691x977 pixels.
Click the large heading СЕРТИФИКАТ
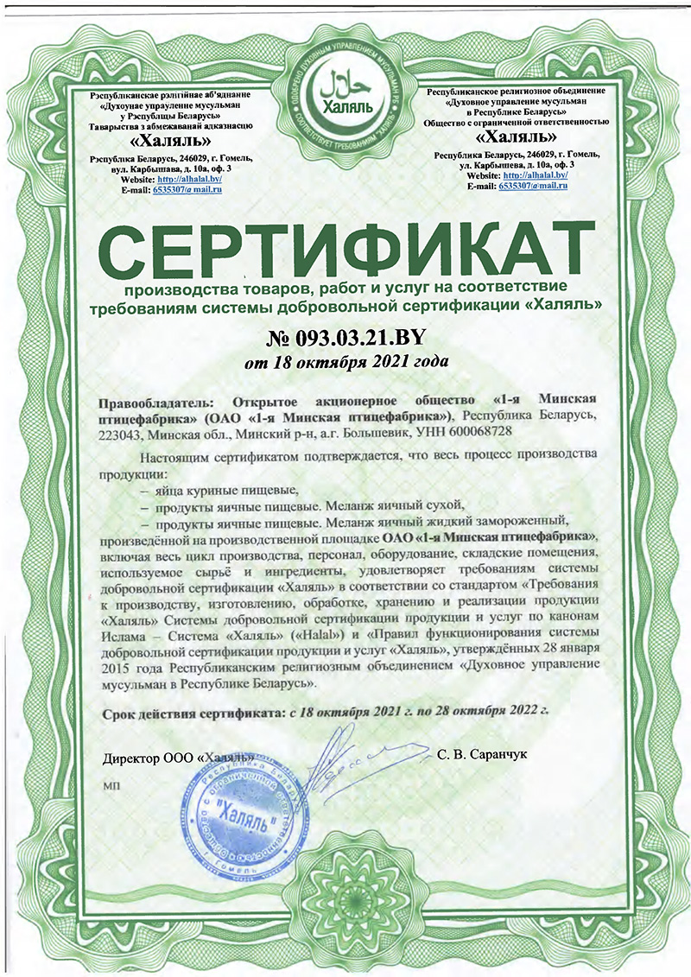345,247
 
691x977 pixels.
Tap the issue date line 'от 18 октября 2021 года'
345,362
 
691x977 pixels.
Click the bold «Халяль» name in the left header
170,141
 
